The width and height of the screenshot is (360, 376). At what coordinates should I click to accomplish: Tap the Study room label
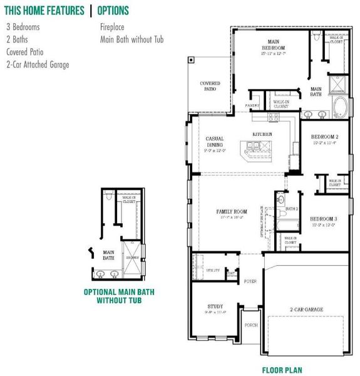point(215,306)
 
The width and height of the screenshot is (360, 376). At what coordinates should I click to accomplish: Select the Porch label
point(250,325)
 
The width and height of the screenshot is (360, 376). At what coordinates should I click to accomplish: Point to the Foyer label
point(250,281)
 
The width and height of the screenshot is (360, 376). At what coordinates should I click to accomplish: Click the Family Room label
point(232,212)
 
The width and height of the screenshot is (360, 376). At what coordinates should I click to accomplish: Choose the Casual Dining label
point(215,139)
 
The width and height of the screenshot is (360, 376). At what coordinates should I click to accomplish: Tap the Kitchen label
point(262,135)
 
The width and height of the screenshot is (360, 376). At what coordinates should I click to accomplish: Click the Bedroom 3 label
point(324,219)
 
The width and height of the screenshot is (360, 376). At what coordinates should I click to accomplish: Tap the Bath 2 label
point(291,209)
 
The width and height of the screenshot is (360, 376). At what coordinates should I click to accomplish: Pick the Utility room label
point(212,270)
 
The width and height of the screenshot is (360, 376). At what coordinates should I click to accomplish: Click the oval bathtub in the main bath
point(341,108)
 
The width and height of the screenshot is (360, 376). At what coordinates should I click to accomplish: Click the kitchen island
point(258,149)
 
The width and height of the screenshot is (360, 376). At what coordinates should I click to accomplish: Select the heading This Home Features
point(44,11)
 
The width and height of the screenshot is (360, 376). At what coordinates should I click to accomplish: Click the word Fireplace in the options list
point(113,28)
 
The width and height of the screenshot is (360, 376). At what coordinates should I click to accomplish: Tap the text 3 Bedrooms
point(23,28)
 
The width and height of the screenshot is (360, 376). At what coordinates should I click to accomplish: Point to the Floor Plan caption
point(282,370)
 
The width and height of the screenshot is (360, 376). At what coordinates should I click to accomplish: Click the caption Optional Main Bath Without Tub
point(119,296)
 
